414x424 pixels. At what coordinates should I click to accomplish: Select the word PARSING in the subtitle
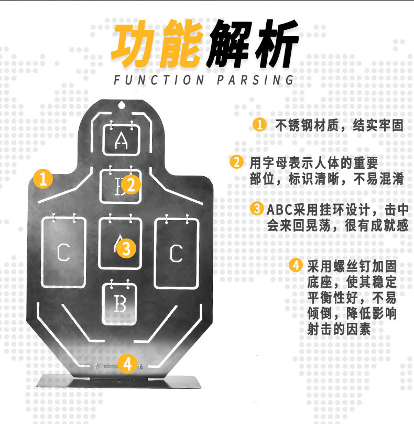pos(255,80)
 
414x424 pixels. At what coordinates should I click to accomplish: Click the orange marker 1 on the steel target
pos(43,179)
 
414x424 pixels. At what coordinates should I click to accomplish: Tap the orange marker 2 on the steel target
pos(131,184)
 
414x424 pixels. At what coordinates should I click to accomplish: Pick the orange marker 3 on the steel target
pos(126,247)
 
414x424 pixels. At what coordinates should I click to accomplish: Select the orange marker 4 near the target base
pos(128,363)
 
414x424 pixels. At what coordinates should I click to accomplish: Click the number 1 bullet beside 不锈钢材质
pos(259,125)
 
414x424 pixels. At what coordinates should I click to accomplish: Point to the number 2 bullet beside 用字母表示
pos(237,162)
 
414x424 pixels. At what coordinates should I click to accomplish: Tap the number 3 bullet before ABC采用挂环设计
pos(257,209)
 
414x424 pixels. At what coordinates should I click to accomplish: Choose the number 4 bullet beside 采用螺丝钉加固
pos(297,265)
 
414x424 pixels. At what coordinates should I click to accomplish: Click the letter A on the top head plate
pos(121,140)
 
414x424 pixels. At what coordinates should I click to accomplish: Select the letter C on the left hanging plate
pos(63,253)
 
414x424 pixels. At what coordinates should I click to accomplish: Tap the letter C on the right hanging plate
pos(176,253)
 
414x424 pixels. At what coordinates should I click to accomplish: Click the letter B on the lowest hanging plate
pos(120,305)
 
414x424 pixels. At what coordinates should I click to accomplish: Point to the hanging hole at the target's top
pos(122,105)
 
